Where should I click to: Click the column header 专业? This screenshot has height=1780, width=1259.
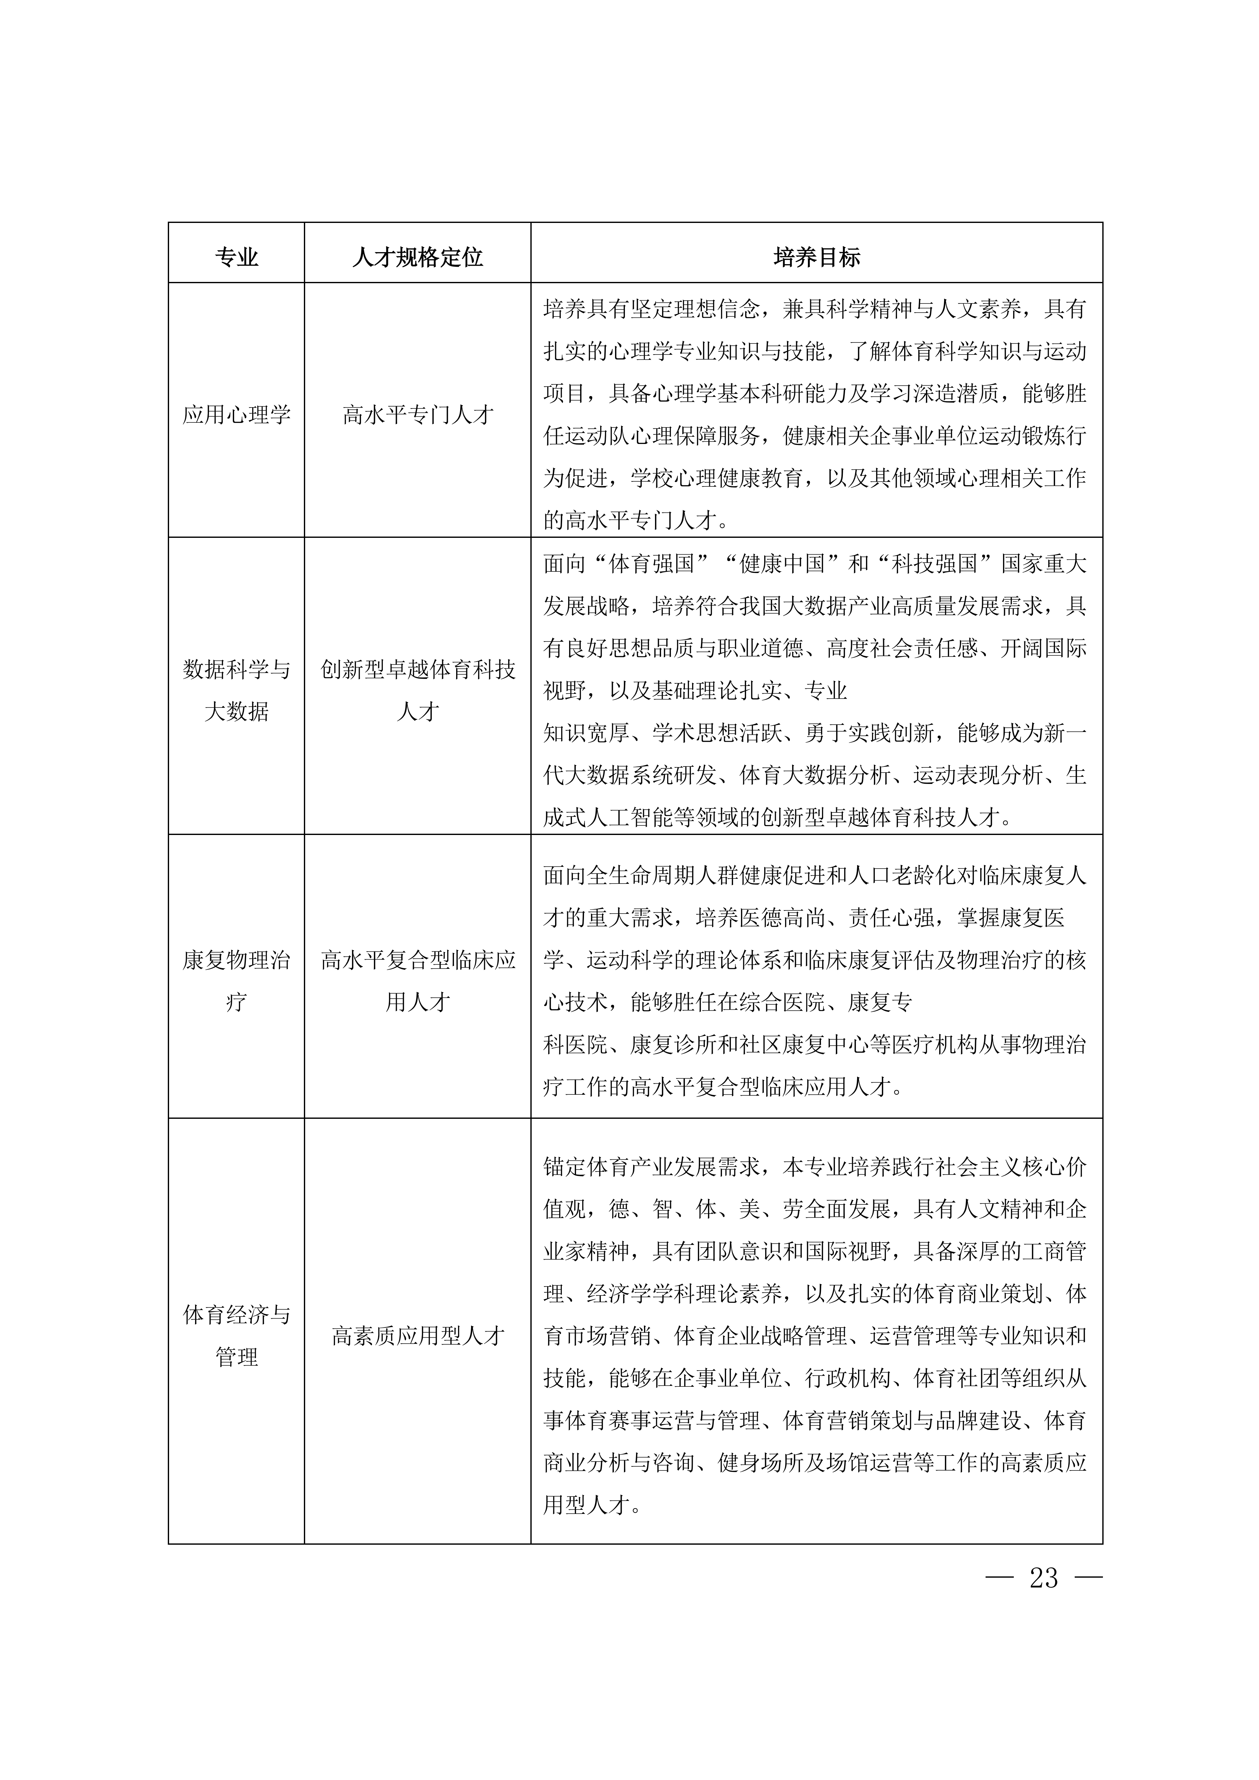click(x=236, y=258)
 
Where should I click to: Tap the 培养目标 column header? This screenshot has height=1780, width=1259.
click(x=816, y=258)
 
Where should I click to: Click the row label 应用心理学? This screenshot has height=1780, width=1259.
click(x=236, y=415)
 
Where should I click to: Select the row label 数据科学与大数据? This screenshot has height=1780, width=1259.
click(x=236, y=690)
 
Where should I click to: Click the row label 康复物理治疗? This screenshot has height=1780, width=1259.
click(x=236, y=981)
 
